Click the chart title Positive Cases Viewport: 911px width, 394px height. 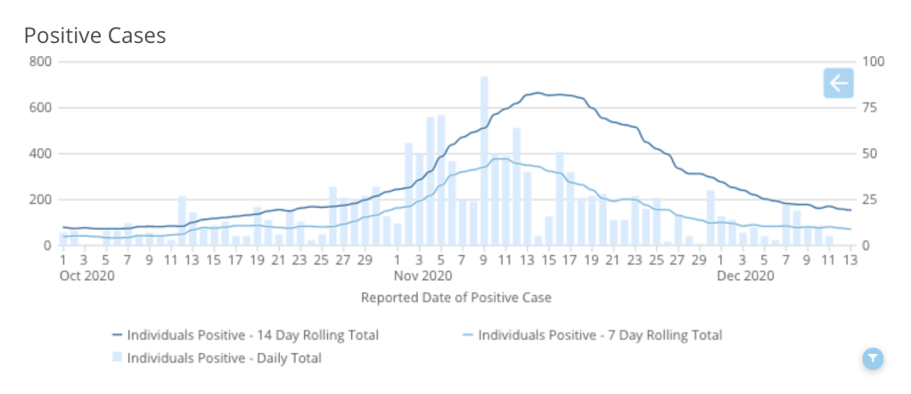94,35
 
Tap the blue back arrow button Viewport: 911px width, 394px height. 839,84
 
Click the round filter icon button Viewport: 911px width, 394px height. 873,358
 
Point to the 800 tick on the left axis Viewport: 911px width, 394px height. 38,62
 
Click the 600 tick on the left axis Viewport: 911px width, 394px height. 38,108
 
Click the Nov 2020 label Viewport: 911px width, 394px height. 420,275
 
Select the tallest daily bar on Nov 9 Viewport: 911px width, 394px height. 484,160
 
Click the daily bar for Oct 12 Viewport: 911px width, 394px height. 182,220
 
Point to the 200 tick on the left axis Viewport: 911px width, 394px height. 38,200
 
